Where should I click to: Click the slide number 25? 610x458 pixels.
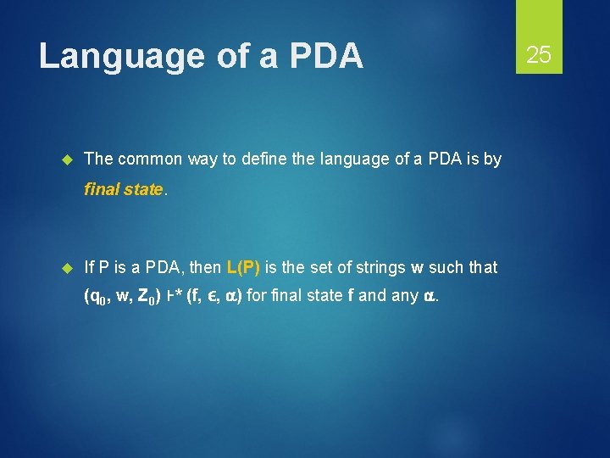(539, 56)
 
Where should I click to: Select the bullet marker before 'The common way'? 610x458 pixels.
(69, 159)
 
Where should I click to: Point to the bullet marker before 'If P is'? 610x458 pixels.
(69, 267)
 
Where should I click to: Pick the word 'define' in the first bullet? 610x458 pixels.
(247, 159)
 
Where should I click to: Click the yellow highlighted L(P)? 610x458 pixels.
(243, 267)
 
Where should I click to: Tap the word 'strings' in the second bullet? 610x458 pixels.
(381, 267)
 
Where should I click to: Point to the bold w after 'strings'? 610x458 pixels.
(417, 268)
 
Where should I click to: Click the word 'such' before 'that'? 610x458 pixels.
(446, 267)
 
